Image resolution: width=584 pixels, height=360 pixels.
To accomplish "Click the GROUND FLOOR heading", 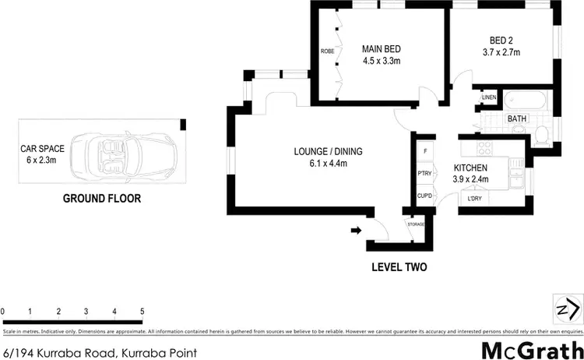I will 101,199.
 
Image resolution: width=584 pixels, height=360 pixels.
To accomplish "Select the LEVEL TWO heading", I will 397,266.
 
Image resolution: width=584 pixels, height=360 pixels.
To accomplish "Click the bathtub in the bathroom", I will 517,102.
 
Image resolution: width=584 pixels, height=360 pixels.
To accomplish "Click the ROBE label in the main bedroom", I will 327,51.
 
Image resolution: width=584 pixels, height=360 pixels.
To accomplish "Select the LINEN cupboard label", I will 489,97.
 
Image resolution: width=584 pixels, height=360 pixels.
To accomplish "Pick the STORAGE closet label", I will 417,224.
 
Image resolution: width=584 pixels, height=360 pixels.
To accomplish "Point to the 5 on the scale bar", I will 142,312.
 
